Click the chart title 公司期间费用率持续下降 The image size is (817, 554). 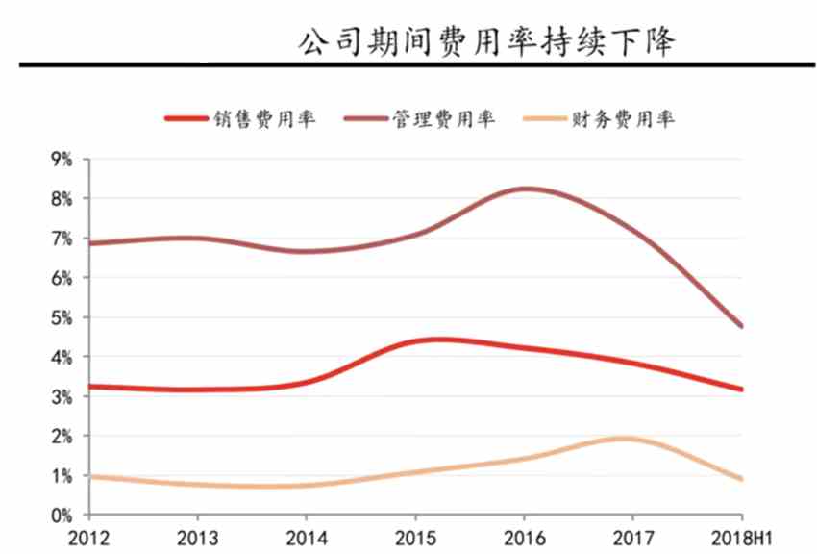click(x=487, y=42)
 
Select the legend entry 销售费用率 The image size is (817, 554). click(x=264, y=119)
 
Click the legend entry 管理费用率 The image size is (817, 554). click(x=443, y=119)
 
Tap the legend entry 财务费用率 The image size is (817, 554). click(x=623, y=119)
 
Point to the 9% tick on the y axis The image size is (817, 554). click(x=62, y=160)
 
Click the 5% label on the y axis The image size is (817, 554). click(x=62, y=317)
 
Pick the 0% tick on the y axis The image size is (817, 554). click(x=62, y=516)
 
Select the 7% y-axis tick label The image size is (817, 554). click(x=62, y=239)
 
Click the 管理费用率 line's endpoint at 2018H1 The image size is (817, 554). click(x=741, y=326)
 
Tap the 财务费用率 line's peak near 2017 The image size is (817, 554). click(x=625, y=439)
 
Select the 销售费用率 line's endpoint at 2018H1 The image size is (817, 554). click(x=741, y=390)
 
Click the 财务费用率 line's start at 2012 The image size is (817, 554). click(x=88, y=476)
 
